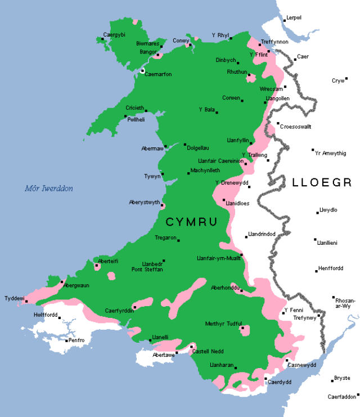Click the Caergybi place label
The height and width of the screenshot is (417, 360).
pyautogui.click(x=114, y=35)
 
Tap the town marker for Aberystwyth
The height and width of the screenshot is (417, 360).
pyautogui.click(x=162, y=204)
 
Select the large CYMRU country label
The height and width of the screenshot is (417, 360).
pyautogui.click(x=191, y=223)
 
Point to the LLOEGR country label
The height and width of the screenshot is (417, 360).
pyautogui.click(x=322, y=182)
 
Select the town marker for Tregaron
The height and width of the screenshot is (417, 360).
pyautogui.click(x=179, y=240)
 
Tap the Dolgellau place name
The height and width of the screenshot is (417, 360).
pyautogui.click(x=197, y=147)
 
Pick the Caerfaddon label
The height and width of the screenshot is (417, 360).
pyautogui.click(x=342, y=397)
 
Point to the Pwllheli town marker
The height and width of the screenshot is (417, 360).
pyautogui.click(x=125, y=116)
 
